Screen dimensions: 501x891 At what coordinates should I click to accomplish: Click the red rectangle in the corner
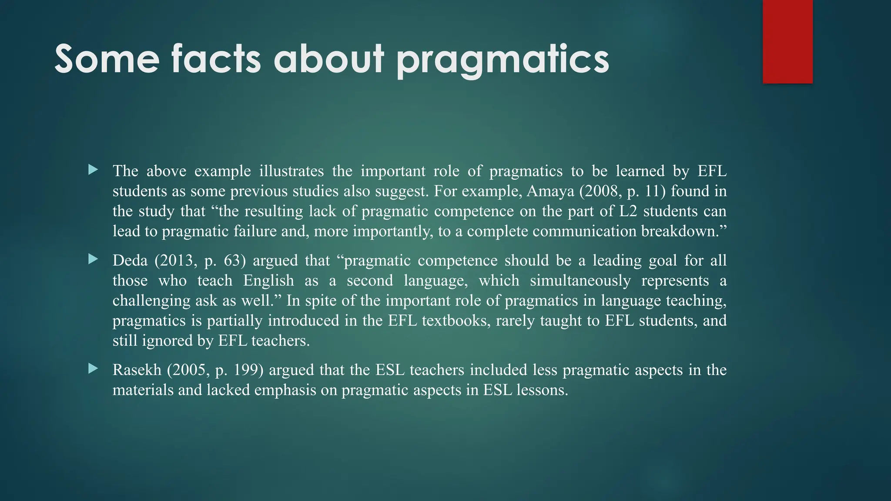pyautogui.click(x=787, y=42)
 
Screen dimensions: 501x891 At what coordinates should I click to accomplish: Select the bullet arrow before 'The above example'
pyautogui.click(x=93, y=170)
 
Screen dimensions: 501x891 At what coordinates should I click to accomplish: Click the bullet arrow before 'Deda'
pyautogui.click(x=93, y=259)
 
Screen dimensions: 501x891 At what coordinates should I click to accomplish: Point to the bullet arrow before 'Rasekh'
pyautogui.click(x=93, y=369)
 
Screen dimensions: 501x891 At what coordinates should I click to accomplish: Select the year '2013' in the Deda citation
pyautogui.click(x=179, y=261)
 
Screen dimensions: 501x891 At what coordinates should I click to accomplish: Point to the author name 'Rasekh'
pyautogui.click(x=137, y=370)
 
